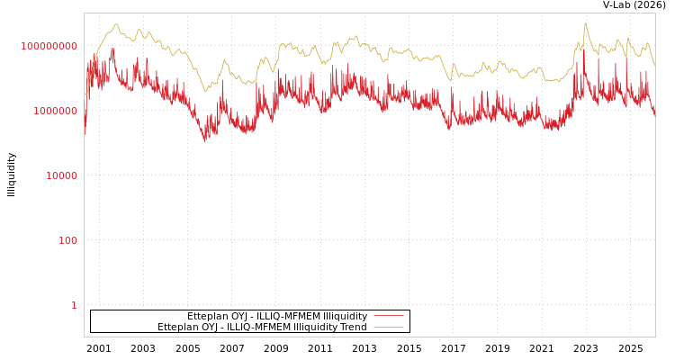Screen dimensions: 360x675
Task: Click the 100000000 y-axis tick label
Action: click(49, 46)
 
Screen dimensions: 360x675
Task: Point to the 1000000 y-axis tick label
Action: click(55, 111)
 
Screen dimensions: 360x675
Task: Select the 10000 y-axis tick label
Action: click(61, 175)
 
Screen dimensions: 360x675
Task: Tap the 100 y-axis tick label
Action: click(67, 240)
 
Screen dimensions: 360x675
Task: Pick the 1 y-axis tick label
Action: click(74, 305)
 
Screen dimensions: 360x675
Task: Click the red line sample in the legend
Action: click(389, 316)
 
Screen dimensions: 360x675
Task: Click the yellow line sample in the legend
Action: click(389, 327)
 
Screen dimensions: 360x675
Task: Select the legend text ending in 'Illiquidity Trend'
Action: click(262, 327)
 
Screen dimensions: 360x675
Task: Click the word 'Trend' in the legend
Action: click(352, 327)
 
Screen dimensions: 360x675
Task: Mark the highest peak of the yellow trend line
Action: click(585, 23)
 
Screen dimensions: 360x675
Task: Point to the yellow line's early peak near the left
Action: click(116, 24)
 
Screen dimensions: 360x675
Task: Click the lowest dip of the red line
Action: click(205, 141)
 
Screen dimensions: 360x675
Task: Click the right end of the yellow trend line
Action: click(655, 67)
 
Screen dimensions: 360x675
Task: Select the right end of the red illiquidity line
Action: click(655, 117)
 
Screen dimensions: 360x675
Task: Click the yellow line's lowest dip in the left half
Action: click(206, 90)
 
